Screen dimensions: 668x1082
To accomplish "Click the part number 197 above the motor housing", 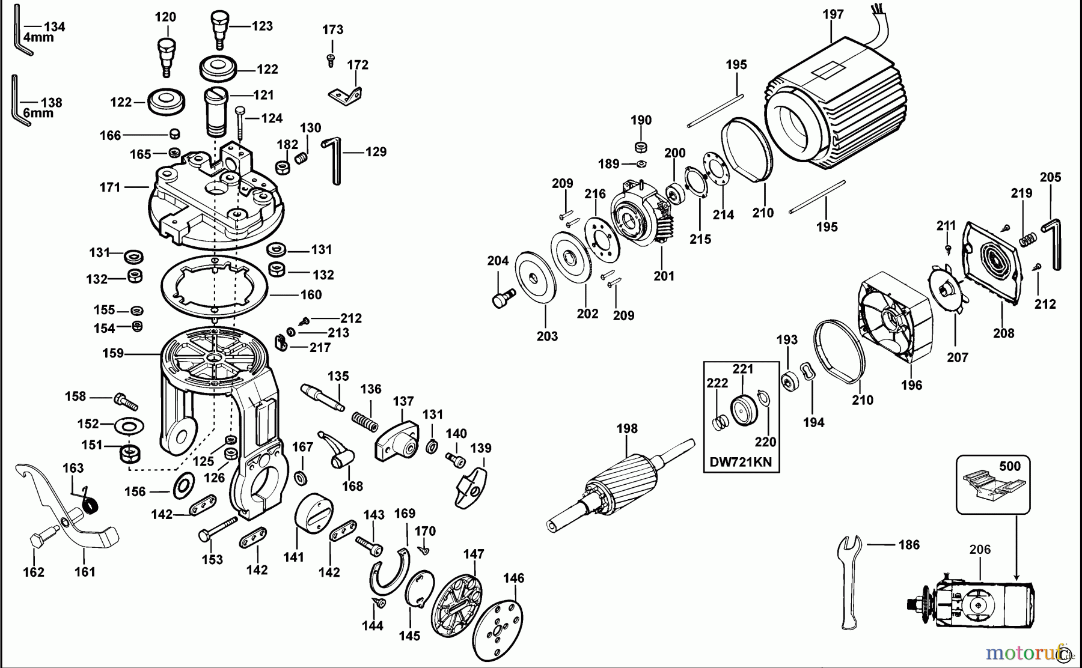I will click(833, 14).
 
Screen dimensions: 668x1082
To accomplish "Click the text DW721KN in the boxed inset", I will click(741, 462).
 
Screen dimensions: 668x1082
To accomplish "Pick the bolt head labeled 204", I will click(501, 299).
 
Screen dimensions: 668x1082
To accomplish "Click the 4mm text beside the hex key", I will click(38, 37).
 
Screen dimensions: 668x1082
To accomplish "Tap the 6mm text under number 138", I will click(38, 113).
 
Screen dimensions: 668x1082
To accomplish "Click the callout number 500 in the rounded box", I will click(1009, 466).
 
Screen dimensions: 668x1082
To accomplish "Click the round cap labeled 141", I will click(314, 515).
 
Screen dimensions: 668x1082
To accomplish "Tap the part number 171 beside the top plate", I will click(110, 187).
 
